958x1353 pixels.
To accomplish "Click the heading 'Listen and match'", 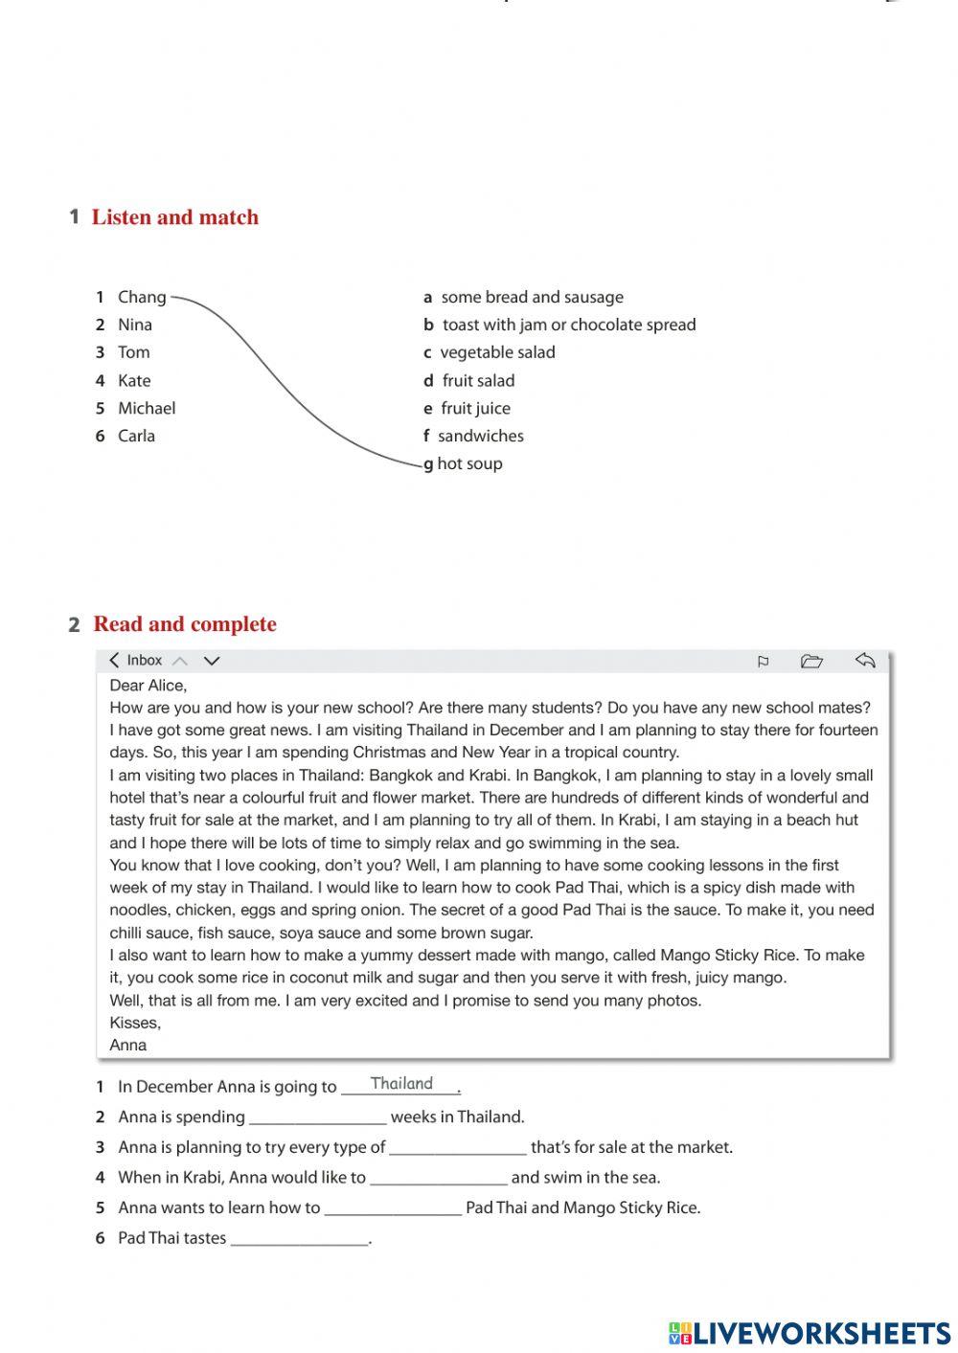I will coord(174,217).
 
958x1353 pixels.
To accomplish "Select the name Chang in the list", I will coord(141,297).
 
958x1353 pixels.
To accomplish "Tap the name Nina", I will coord(134,325).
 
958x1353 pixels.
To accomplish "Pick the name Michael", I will coord(146,408).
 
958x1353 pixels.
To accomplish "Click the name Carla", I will coord(136,436).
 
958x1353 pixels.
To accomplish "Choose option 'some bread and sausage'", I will coord(532,297).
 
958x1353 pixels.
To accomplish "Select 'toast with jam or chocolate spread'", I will coord(568,325).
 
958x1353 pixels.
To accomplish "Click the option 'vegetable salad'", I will coord(497,352).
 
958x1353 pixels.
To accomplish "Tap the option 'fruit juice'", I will coord(475,408).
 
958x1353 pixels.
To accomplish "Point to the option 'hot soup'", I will coord(469,463).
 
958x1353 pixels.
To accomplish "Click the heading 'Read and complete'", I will coord(184,624).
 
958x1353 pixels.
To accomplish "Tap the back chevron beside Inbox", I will coord(115,661).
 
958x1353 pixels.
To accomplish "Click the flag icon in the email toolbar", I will coord(763,661).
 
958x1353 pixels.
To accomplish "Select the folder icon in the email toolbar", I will coord(811,661).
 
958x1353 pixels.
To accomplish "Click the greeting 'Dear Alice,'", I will coord(148,685).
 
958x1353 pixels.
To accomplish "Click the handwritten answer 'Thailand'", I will coord(401,1084).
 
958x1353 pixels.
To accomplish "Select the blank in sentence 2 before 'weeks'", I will coord(317,1117).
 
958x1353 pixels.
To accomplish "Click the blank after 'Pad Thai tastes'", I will coord(300,1238).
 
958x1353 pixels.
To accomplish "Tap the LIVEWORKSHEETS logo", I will coord(810,1333).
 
